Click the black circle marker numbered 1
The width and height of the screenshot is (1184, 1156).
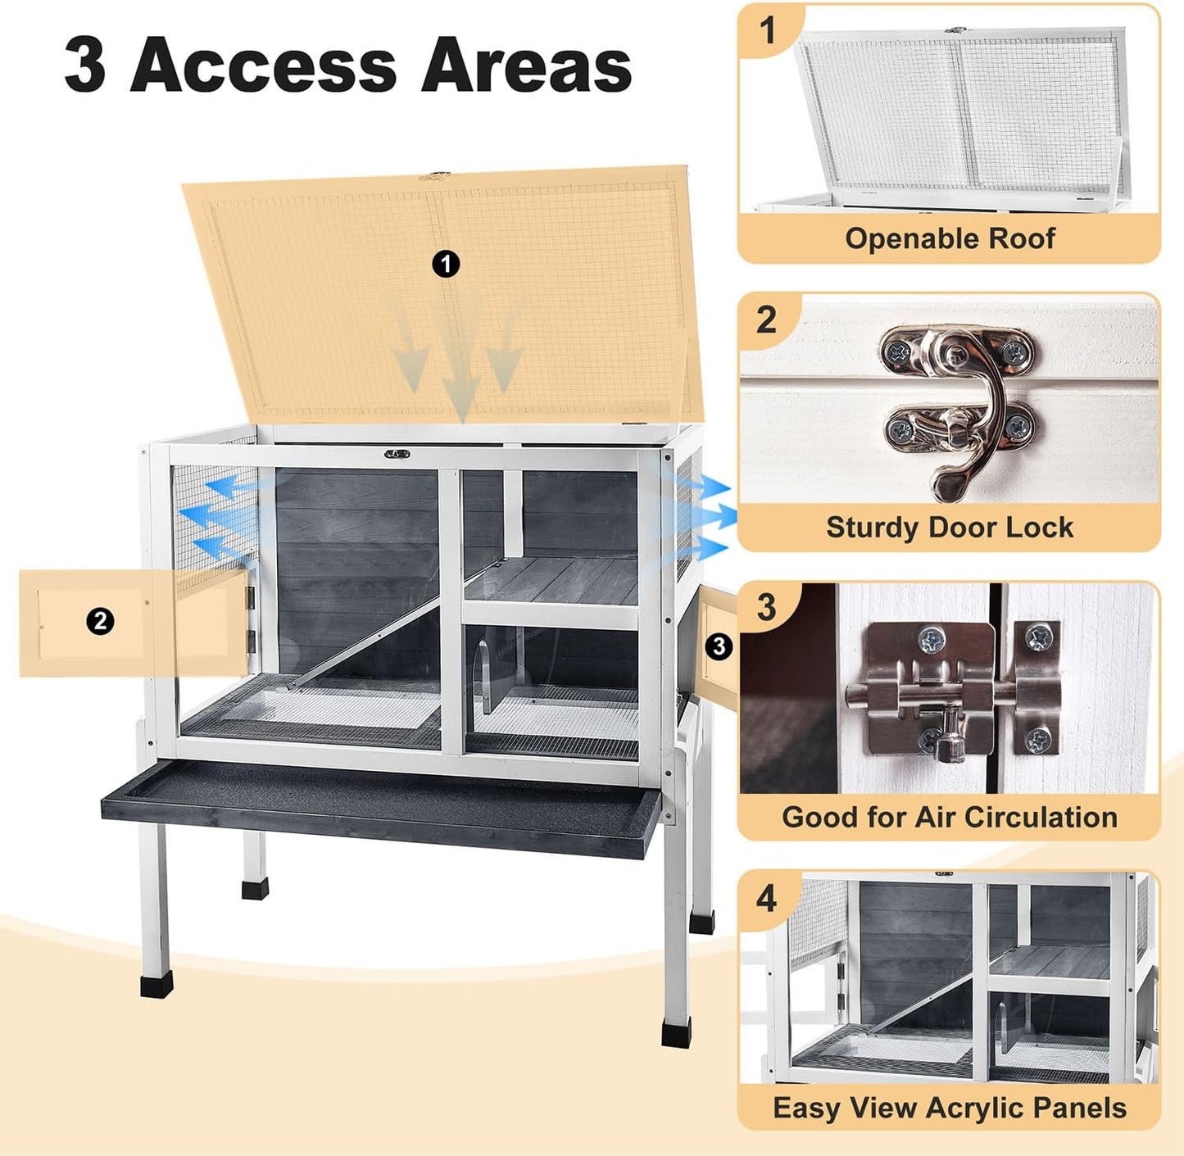[x=446, y=264]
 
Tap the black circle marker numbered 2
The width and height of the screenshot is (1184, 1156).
[x=100, y=621]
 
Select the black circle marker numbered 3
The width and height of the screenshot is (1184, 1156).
[x=719, y=646]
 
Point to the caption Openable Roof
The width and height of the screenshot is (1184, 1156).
[x=950, y=238]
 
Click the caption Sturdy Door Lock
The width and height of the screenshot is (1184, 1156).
[x=949, y=527]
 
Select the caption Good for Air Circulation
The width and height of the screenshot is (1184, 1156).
[x=949, y=817]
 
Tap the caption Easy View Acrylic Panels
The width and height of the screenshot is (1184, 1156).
[x=949, y=1108]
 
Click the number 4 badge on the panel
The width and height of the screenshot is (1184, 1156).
[x=766, y=899]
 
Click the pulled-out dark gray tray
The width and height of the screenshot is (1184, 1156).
[x=381, y=807]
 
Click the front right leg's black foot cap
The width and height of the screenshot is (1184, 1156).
[x=677, y=1032]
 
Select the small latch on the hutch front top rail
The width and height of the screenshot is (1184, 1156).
[x=397, y=453]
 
